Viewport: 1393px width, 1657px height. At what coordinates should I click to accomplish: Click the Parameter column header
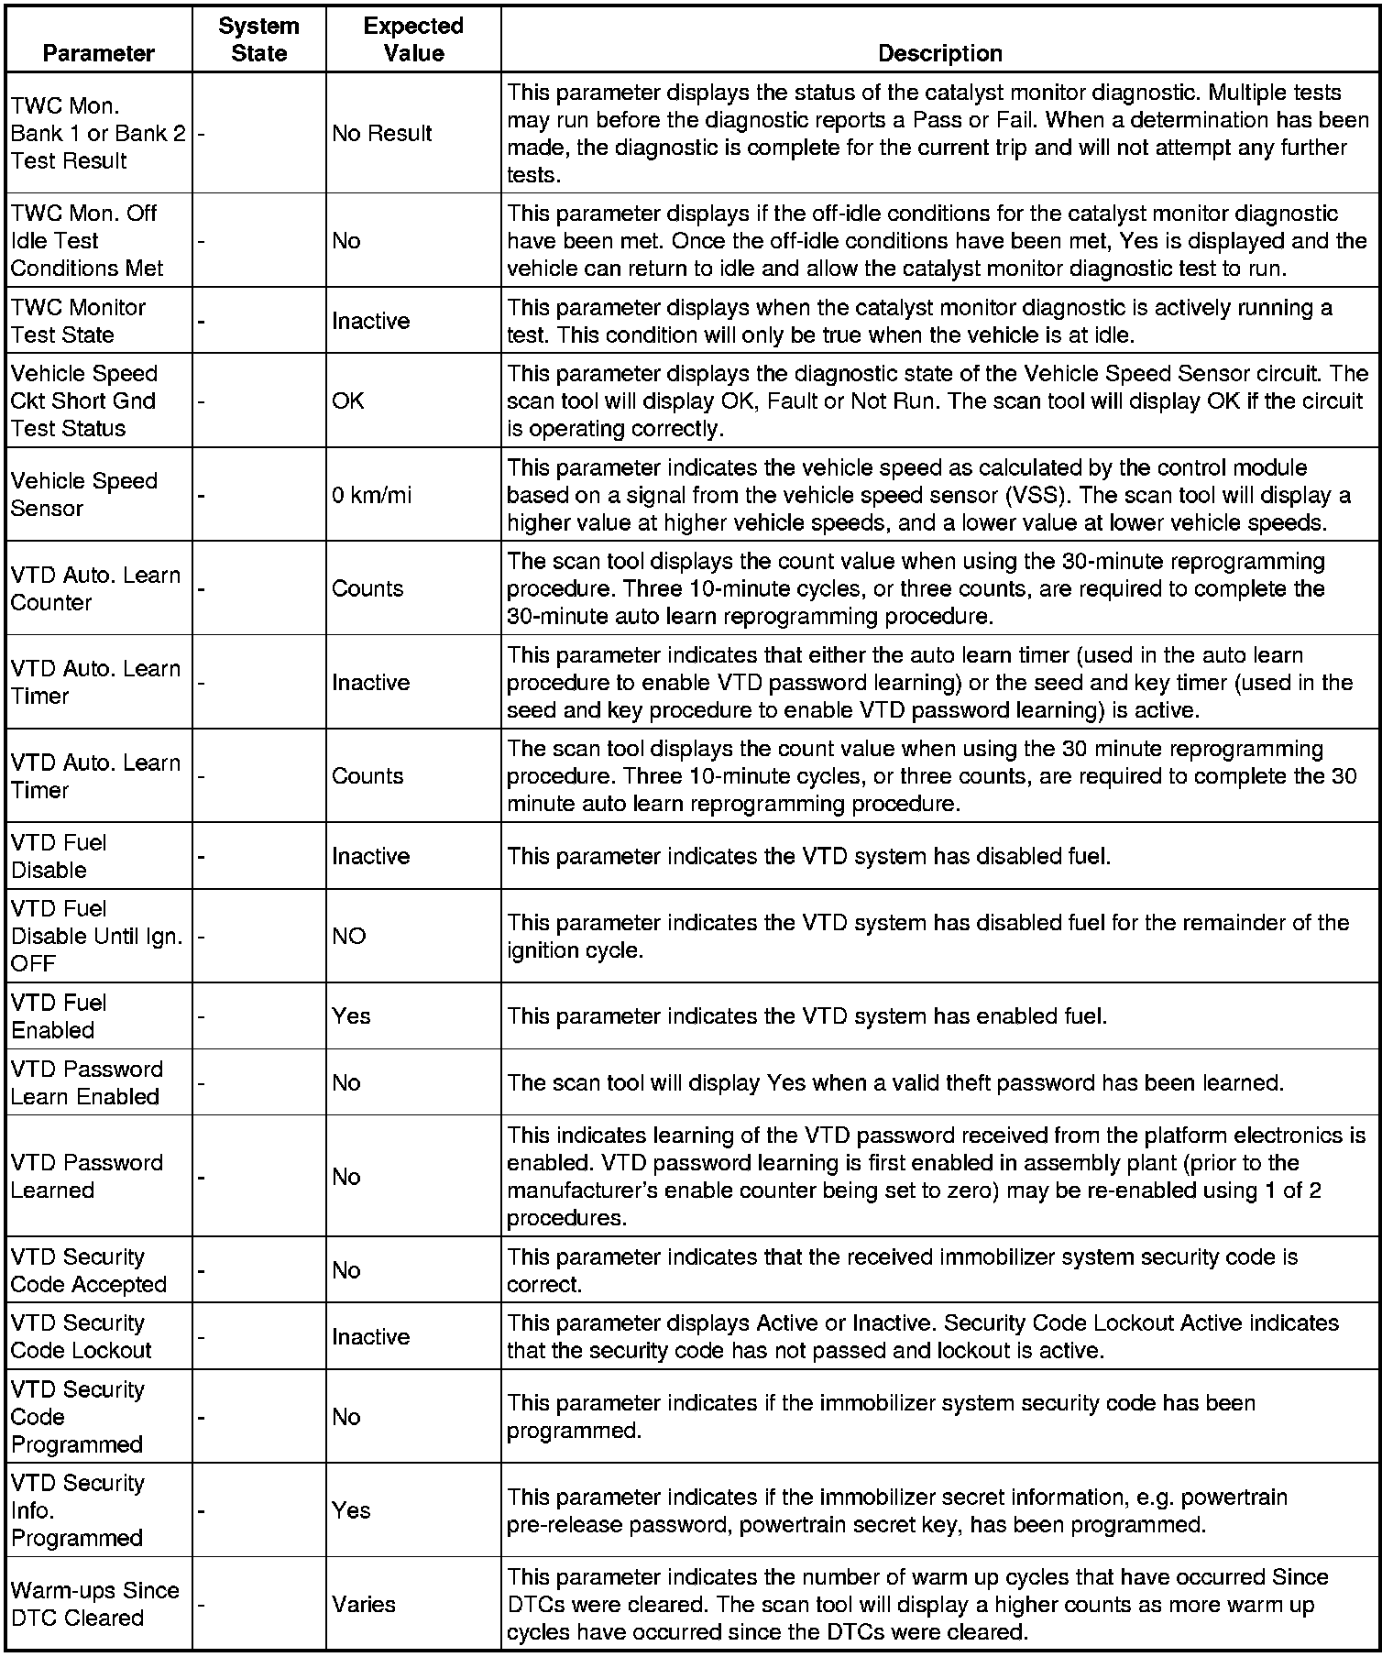coord(98,53)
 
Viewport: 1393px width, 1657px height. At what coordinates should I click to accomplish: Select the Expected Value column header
coord(413,39)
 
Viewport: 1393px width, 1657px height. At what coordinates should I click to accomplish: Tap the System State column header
coord(258,39)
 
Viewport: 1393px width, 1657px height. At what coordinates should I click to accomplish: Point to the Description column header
coord(939,53)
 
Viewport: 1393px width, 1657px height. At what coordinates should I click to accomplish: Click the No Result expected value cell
coord(381,134)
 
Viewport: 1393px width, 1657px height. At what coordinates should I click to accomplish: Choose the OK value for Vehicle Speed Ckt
coord(348,401)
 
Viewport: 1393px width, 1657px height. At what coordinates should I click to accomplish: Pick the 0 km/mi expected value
coord(371,496)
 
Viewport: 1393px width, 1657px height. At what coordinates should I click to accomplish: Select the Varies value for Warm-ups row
coord(364,1605)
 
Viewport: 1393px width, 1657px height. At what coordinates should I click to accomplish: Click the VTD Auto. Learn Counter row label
coord(95,589)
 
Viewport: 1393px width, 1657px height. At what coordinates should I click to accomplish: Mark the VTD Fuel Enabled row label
coord(59,1016)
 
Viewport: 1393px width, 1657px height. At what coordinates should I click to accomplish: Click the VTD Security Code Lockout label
coord(81,1337)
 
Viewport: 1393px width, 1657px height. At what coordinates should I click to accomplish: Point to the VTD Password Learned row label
coord(86,1177)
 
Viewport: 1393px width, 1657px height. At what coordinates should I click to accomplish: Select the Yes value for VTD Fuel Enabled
coord(351,1016)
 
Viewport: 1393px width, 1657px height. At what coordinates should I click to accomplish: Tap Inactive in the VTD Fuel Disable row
coord(370,857)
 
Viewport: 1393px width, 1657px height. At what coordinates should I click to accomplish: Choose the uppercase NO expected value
coord(349,937)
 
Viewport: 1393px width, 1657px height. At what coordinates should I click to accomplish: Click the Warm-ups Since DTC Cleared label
coord(94,1605)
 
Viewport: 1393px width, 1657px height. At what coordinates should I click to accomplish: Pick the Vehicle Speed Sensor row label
coord(83,495)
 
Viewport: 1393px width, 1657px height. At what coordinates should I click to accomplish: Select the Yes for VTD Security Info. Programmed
coord(351,1510)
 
